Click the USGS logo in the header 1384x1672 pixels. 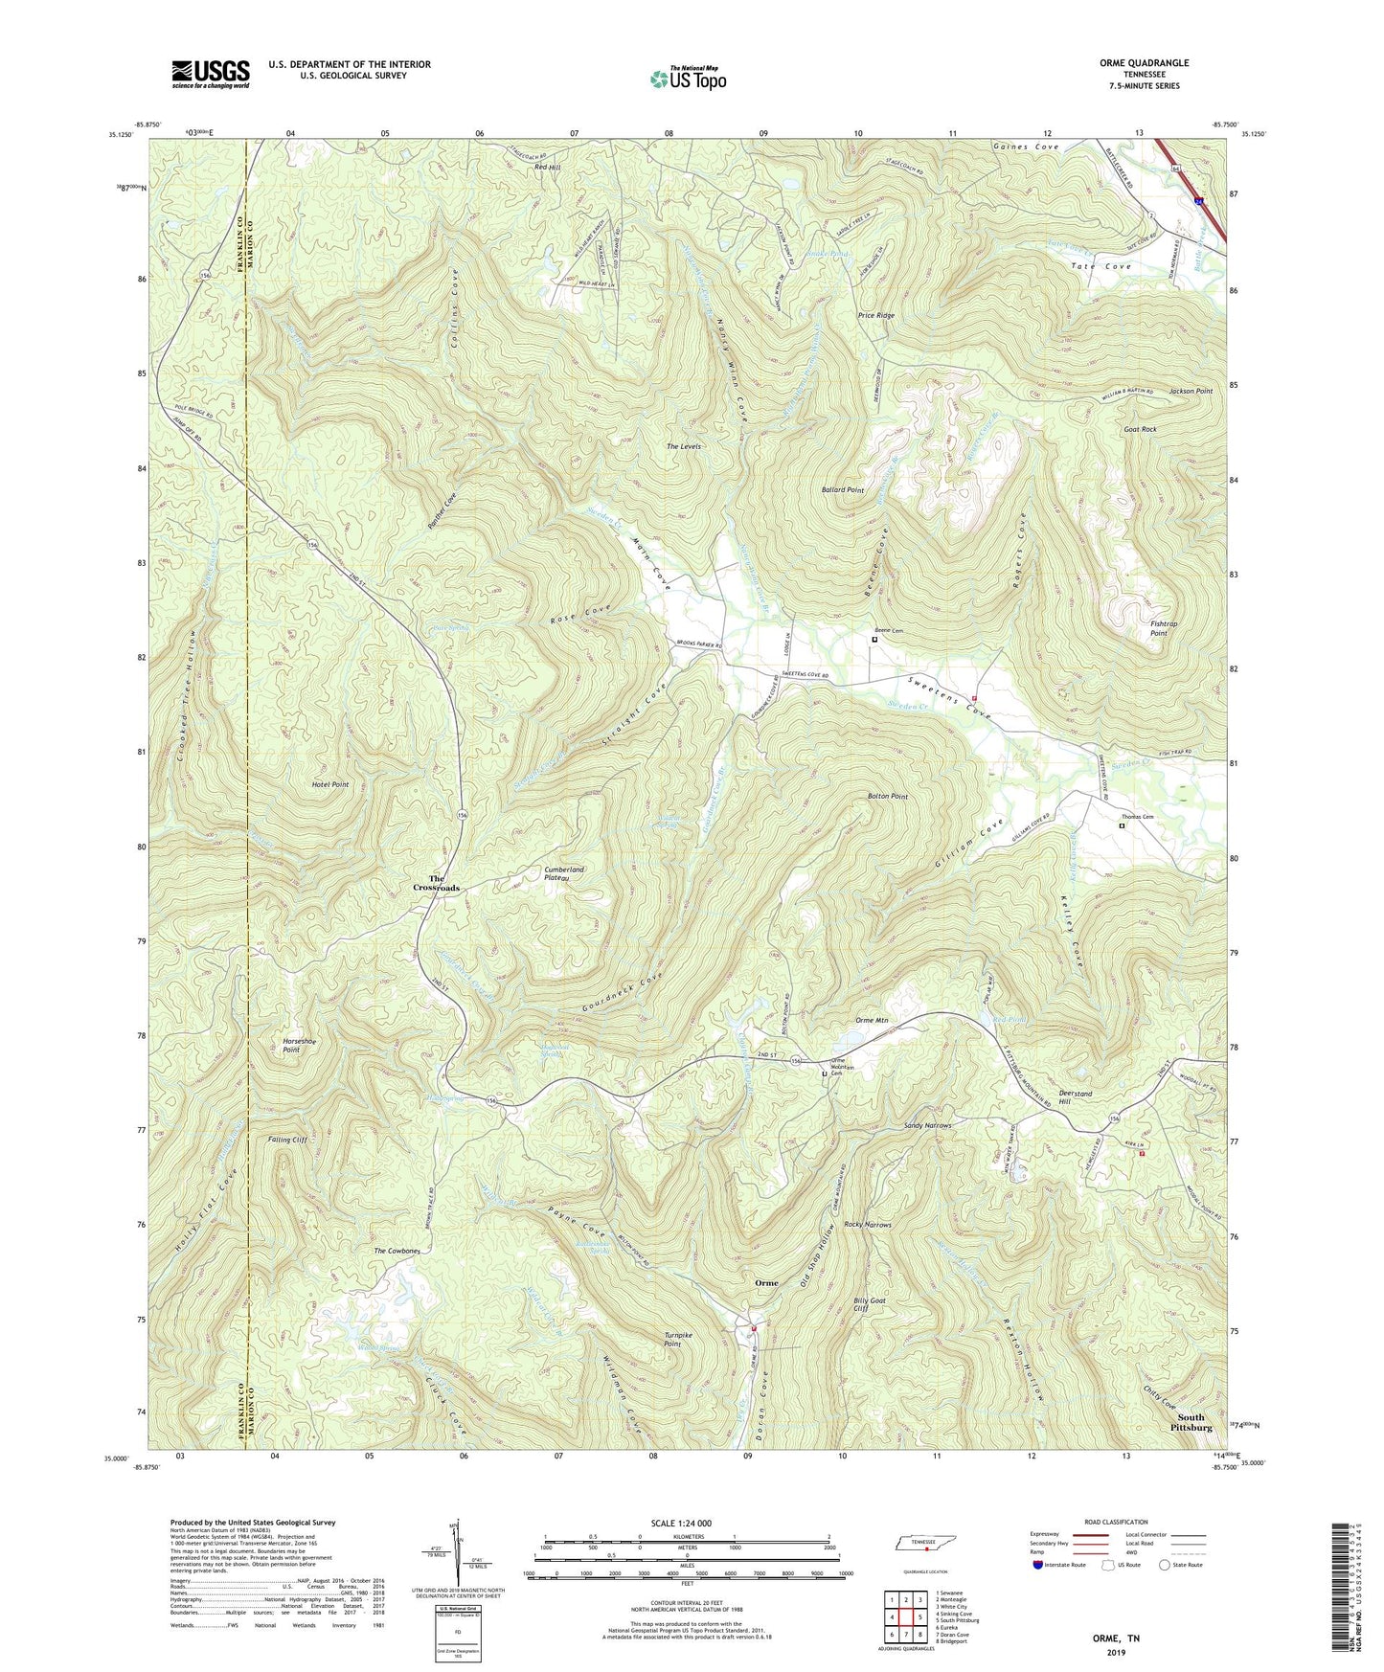coord(210,74)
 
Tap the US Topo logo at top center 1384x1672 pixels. coord(687,79)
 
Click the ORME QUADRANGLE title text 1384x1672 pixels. coord(1145,63)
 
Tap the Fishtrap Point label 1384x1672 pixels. coord(1164,628)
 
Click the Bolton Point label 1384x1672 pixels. coord(887,797)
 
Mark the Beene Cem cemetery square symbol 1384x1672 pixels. coord(874,640)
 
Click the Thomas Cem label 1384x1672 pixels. coord(1138,817)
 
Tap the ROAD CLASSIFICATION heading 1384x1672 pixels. coord(1116,1522)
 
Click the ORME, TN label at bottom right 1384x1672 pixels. coord(1116,1638)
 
